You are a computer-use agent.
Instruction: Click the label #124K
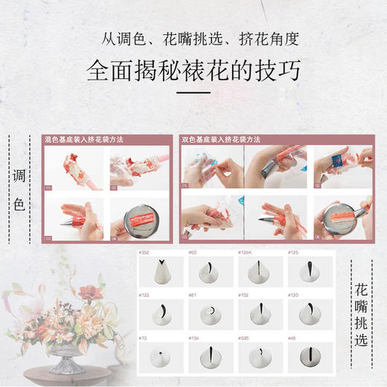tap(246, 253)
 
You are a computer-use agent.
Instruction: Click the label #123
tap(144, 295)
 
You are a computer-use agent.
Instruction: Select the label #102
tap(243, 295)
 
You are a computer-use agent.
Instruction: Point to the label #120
tap(293, 295)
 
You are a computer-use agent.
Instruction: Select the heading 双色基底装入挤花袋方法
tap(215, 139)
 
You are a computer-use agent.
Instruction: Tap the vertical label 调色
tap(20, 191)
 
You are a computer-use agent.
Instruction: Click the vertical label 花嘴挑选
tap(362, 314)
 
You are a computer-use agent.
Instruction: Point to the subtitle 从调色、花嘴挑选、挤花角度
tap(193, 38)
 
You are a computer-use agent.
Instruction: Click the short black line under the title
tap(193, 93)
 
